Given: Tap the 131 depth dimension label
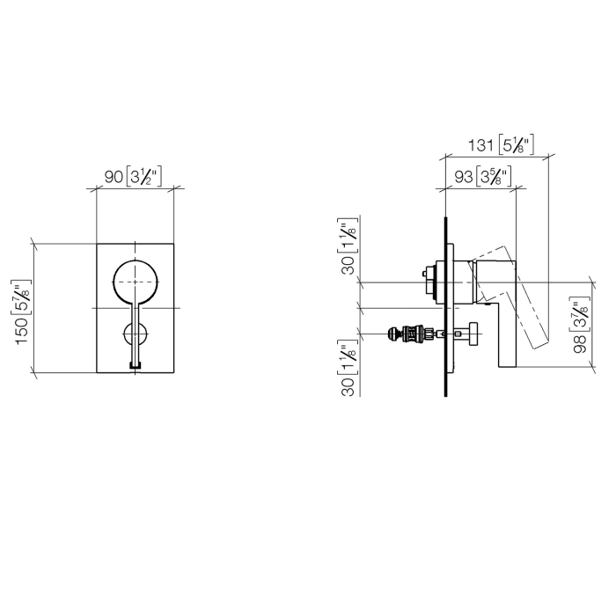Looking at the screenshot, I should pyautogui.click(x=479, y=144).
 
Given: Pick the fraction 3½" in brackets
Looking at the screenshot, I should pyautogui.click(x=145, y=177).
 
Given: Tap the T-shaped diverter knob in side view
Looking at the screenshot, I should pyautogui.click(x=470, y=334).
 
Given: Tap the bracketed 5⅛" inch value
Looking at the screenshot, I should pyautogui.click(x=516, y=144).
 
